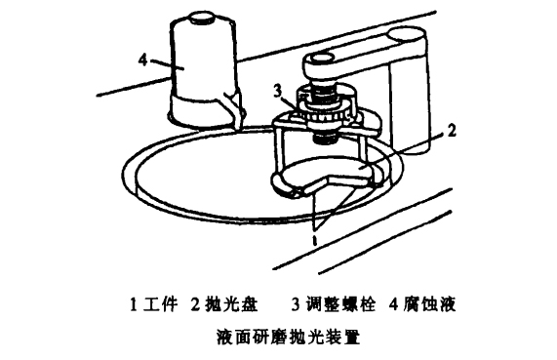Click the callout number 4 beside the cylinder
coord(141,60)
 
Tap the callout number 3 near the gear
coord(277,91)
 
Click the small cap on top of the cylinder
coord(203,19)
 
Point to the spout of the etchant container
coord(232,109)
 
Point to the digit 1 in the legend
coord(134,303)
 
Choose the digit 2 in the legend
coord(194,303)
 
